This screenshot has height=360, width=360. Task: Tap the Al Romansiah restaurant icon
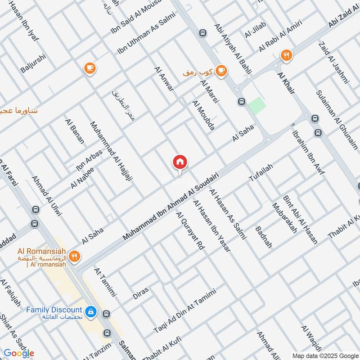(x=75, y=256)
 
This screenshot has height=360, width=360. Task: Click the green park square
(x=257, y=105)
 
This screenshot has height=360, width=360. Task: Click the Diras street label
(x=141, y=293)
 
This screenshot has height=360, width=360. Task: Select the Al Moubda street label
(x=203, y=115)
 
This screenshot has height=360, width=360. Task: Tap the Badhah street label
(x=264, y=237)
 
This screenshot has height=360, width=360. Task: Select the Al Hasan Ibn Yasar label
(x=211, y=225)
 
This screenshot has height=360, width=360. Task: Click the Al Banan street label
(x=75, y=131)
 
